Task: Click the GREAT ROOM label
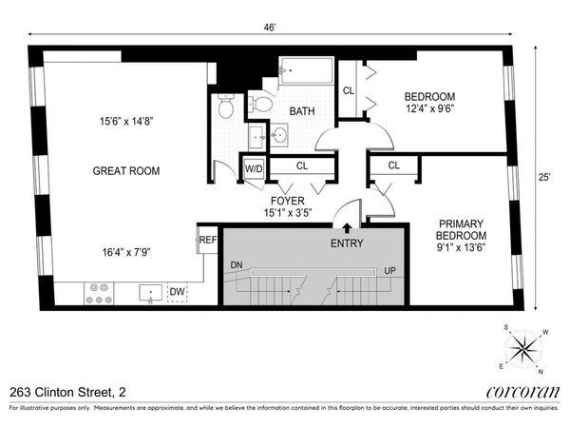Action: [125, 171]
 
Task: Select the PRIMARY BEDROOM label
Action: [461, 229]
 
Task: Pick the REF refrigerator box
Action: [207, 240]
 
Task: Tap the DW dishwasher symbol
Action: [178, 292]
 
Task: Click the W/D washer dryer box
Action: [255, 168]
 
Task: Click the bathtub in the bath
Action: [305, 72]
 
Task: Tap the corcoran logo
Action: [520, 392]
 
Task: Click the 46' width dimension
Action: [273, 29]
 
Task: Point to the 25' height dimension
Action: [545, 177]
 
